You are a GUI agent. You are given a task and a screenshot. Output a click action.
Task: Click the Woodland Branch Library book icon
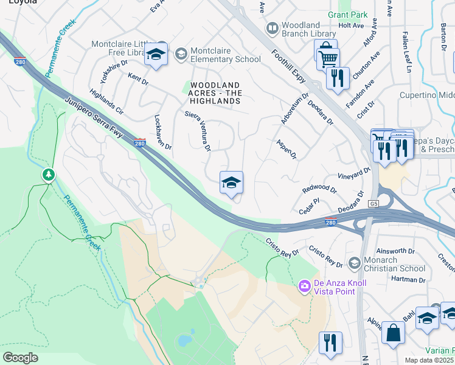273,28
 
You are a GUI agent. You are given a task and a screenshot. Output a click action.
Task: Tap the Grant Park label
348,13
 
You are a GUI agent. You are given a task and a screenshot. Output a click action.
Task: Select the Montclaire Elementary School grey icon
181,55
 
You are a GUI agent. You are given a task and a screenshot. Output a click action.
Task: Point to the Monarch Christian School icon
354,262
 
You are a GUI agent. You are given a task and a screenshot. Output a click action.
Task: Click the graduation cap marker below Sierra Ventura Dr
231,183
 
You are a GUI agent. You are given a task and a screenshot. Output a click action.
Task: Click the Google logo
20,358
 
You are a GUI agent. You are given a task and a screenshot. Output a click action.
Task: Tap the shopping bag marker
393,333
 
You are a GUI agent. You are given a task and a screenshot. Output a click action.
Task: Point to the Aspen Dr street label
285,148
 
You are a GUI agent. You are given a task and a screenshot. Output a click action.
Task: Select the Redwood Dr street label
319,189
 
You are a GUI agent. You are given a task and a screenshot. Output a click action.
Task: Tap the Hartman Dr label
409,280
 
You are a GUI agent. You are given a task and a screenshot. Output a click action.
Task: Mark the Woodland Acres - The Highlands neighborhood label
216,93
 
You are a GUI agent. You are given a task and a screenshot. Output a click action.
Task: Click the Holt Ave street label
350,26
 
